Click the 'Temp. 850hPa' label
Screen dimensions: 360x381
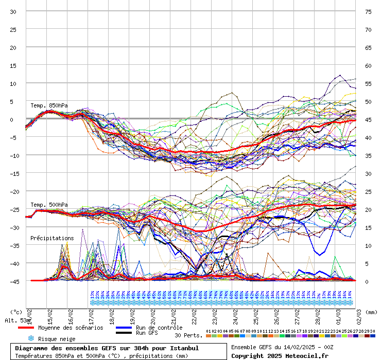coord(49,105)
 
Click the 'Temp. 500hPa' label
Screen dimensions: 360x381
coord(49,205)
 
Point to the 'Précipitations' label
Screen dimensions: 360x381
coord(52,238)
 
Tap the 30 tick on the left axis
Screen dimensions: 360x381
coord(13,12)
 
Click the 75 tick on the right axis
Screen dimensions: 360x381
coord(368,12)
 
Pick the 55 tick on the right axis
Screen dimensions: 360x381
coord(368,84)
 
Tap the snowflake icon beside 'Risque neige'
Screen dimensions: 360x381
coord(30,338)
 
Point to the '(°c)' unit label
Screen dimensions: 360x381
coord(16,312)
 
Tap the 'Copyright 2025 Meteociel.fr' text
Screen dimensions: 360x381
coord(280,355)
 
